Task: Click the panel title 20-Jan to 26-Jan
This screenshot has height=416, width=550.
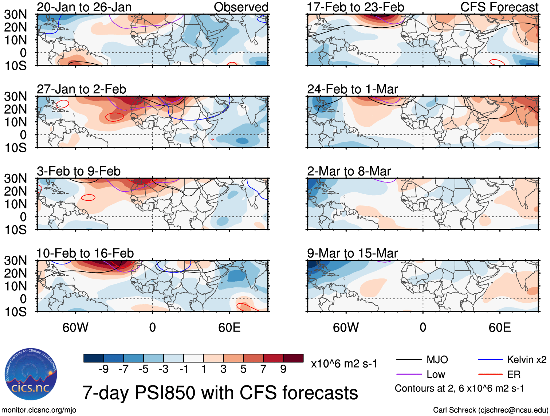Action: coord(84,7)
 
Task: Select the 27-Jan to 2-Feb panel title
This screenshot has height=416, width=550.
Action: coord(81,89)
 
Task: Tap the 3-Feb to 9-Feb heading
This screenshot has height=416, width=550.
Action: coord(79,171)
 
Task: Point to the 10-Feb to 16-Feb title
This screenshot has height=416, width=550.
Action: coord(85,253)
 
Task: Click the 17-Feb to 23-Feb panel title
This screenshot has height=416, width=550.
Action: coord(355,7)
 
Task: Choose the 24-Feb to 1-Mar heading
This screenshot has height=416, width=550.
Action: coord(352,89)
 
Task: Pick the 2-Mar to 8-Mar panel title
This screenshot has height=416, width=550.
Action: coord(349,171)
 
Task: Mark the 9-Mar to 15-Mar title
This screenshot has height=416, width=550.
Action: coord(352,253)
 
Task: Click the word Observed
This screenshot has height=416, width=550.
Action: coord(241,7)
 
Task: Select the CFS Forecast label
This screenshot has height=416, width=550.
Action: coord(499,7)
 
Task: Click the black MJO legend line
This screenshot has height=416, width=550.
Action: coord(409,360)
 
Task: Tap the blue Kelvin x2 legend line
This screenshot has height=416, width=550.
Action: coord(490,360)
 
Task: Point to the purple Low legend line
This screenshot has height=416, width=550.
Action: coord(409,374)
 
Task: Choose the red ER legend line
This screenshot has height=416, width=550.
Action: coord(490,374)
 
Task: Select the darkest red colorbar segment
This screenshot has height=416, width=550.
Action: coord(293,358)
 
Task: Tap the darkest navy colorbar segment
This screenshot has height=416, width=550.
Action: coord(94,358)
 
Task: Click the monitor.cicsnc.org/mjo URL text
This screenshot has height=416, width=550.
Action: coord(39,410)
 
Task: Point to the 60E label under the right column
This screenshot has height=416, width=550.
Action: coord(499,327)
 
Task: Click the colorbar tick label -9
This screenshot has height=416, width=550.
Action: coord(103,369)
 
